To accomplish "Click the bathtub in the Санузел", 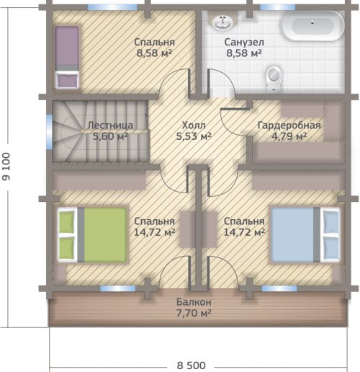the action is click(x=312, y=26).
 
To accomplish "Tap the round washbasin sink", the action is click(x=222, y=22).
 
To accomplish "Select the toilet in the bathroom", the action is click(x=274, y=79).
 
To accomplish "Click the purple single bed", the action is click(x=67, y=57).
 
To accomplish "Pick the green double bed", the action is click(x=92, y=234).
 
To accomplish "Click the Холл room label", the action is click(x=194, y=125).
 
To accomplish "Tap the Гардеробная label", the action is click(x=289, y=125).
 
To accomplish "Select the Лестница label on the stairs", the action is click(x=110, y=125).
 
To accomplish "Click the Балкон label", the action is click(x=194, y=302).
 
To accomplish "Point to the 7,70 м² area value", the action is click(x=194, y=313).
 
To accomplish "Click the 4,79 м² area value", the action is click(x=289, y=136).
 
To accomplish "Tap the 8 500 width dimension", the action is click(x=192, y=366).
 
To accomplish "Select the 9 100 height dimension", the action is click(x=6, y=167).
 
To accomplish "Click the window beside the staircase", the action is click(x=49, y=132).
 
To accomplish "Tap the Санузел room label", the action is click(x=244, y=43).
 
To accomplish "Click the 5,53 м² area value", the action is click(x=194, y=136).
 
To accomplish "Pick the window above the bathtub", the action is click(x=278, y=7).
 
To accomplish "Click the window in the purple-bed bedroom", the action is click(x=112, y=7).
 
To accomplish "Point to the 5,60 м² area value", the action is click(x=110, y=136).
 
